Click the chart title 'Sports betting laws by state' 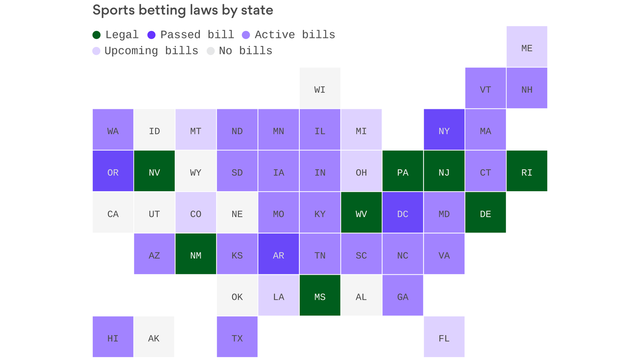point(183,10)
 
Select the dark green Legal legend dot point(97,35)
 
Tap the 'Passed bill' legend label point(197,35)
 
